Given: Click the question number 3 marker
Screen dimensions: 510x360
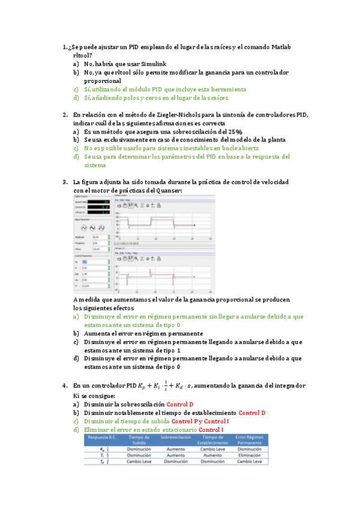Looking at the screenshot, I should tap(64, 182).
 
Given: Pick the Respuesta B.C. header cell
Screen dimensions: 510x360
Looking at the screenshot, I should tap(103, 439).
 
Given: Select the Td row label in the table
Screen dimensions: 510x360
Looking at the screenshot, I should tap(103, 462).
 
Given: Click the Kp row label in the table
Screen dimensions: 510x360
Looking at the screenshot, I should tap(103, 448).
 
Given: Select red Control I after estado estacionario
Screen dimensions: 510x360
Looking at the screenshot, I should tap(211, 429).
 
